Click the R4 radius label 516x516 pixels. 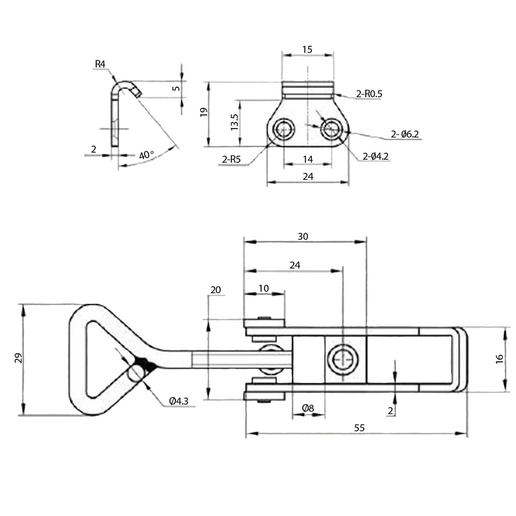pyautogui.click(x=100, y=64)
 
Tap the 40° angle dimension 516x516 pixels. pyautogui.click(x=146, y=155)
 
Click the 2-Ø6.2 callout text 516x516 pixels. pyautogui.click(x=405, y=134)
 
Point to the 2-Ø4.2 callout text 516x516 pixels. pyautogui.click(x=375, y=157)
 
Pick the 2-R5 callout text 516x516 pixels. pyautogui.click(x=231, y=161)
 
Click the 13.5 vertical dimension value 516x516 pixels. pyautogui.click(x=234, y=122)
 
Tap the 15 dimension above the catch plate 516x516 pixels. pyautogui.click(x=307, y=49)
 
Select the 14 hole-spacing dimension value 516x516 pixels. pyautogui.click(x=308, y=159)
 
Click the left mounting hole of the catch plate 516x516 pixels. pyautogui.click(x=283, y=130)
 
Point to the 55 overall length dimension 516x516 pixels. pyautogui.click(x=359, y=428)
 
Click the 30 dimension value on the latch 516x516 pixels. pyautogui.click(x=303, y=236)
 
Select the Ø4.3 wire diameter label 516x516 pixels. pyautogui.click(x=179, y=401)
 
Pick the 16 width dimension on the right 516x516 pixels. pyautogui.click(x=499, y=359)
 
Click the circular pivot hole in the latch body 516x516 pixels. pyautogui.click(x=343, y=359)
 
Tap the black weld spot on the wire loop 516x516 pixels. pyautogui.click(x=144, y=364)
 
